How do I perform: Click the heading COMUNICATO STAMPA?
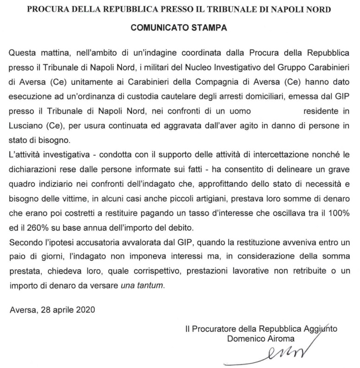[x=178, y=27]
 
